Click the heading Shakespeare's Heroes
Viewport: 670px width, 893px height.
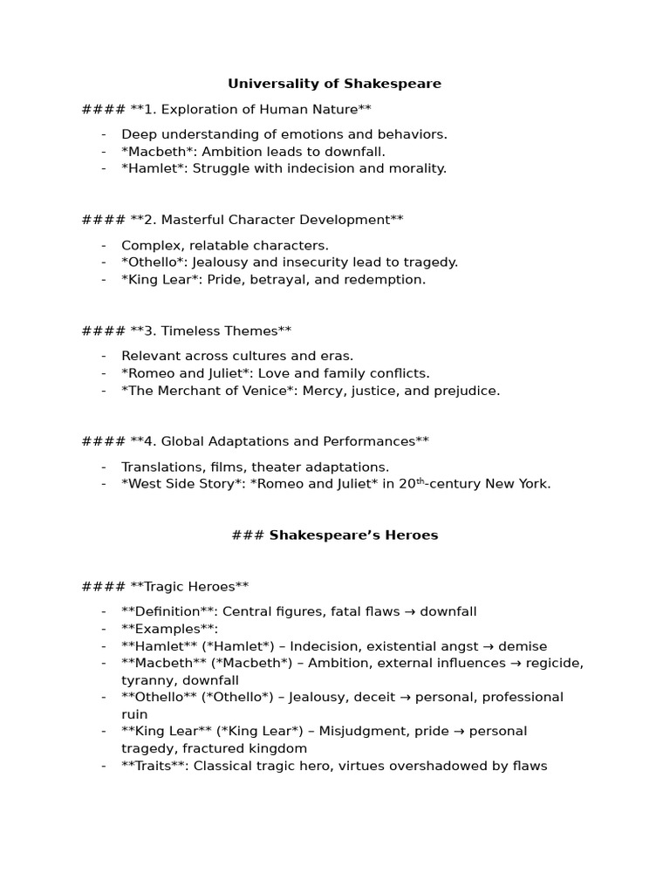pos(353,535)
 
